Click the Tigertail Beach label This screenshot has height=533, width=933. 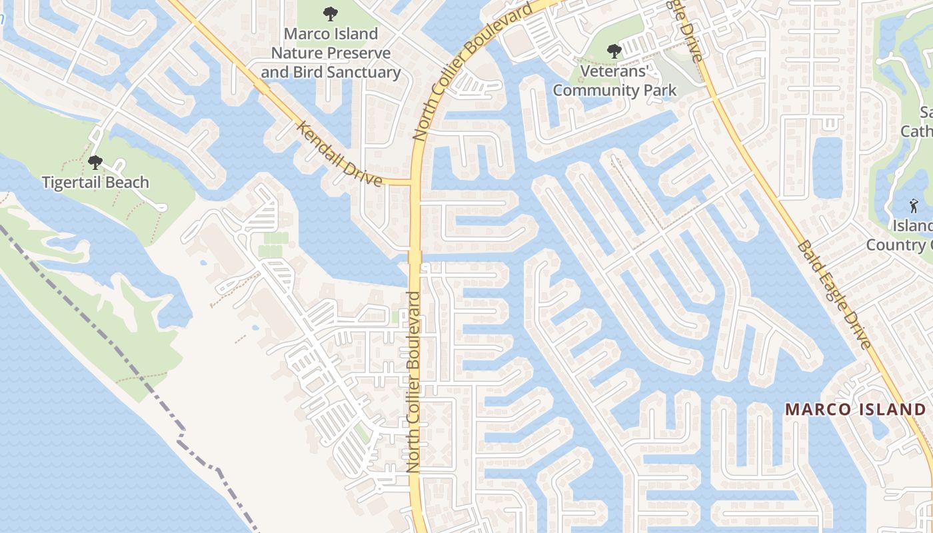[x=95, y=182]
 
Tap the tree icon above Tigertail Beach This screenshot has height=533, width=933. [x=95, y=162]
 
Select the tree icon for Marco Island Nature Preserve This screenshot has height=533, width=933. [x=330, y=13]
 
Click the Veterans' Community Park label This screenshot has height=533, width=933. [x=614, y=80]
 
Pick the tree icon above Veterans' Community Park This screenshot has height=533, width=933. [x=614, y=51]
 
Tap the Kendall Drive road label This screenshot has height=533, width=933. [x=339, y=154]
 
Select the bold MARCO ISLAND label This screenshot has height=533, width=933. [x=855, y=409]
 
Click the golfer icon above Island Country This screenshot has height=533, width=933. [x=914, y=206]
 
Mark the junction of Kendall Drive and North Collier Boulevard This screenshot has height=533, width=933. [x=414, y=182]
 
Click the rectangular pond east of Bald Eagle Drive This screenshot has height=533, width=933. [x=827, y=167]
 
